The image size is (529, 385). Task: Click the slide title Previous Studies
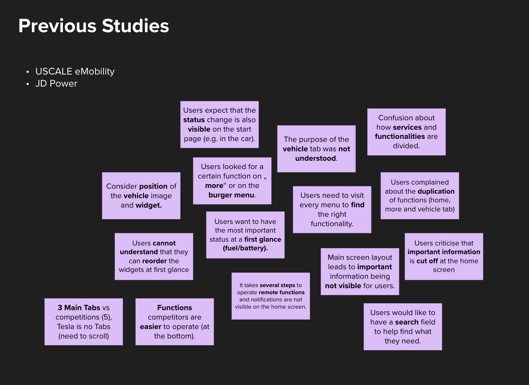[94, 26]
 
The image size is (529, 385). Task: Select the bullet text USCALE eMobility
[75, 71]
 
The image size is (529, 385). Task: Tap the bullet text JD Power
[56, 84]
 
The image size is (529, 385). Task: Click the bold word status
[194, 120]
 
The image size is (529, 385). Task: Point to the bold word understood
[316, 158]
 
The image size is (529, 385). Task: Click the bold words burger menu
[231, 195]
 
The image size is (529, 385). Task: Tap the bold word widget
[149, 205]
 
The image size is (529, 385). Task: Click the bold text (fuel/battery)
[245, 248]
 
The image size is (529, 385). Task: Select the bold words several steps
[277, 285]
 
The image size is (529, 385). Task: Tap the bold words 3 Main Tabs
[79, 308]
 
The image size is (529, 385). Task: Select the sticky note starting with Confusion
[407, 132]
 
